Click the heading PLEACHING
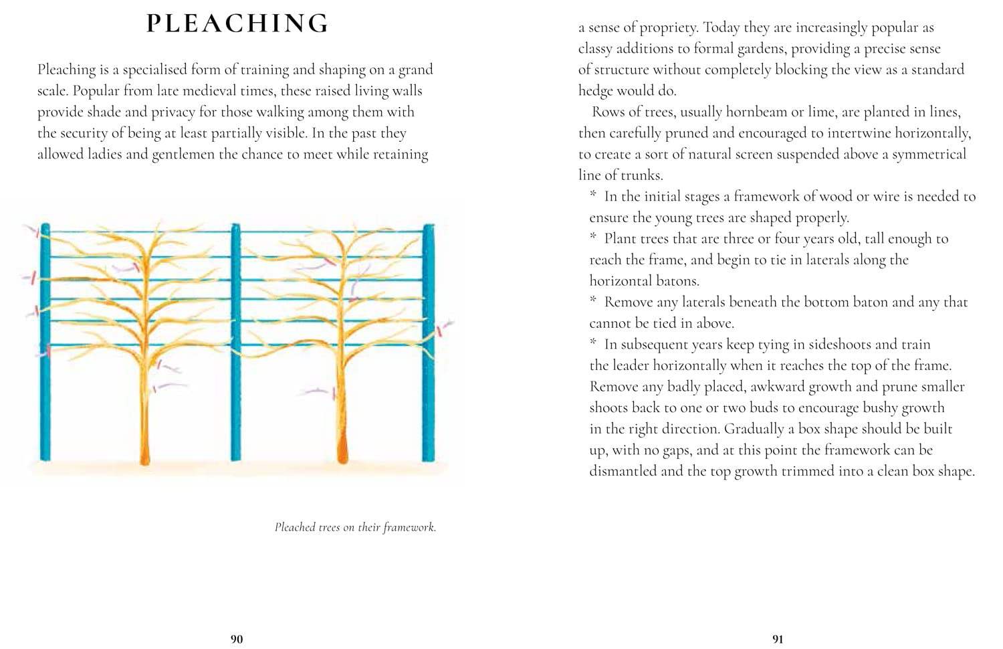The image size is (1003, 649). click(237, 23)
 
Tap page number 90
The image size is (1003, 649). click(237, 639)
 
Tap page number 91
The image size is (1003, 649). click(778, 639)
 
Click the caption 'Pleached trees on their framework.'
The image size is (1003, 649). click(355, 527)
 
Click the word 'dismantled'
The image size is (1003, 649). click(622, 471)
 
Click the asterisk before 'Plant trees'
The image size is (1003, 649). click(593, 238)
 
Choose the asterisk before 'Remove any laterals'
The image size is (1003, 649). click(593, 301)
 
